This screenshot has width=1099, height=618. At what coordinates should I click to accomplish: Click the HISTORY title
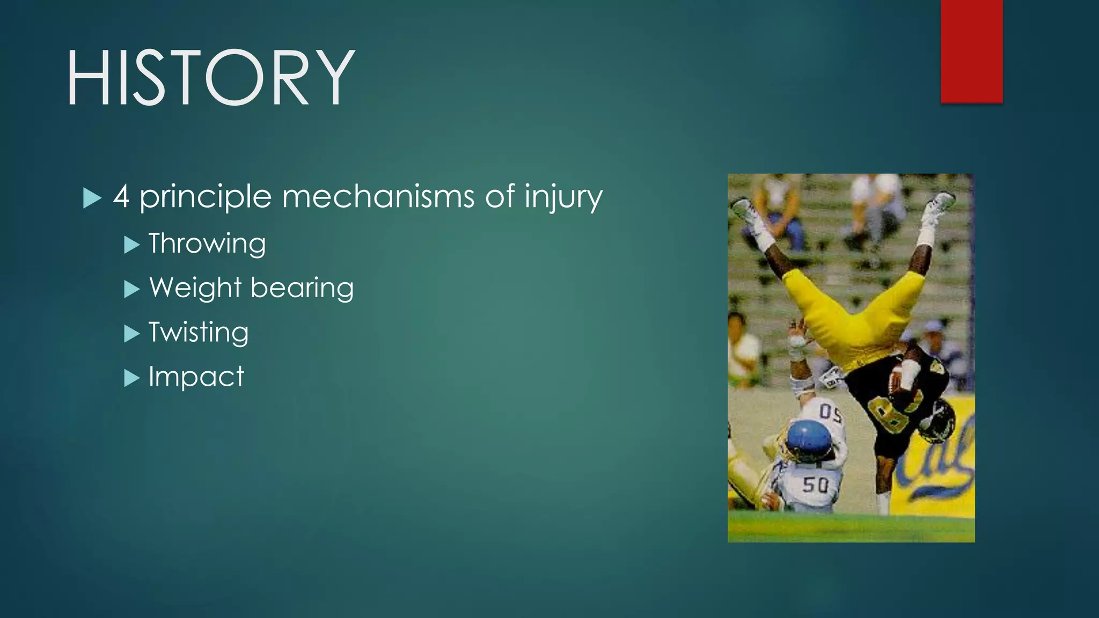(210, 78)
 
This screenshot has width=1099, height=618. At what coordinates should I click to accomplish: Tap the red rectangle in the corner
(971, 51)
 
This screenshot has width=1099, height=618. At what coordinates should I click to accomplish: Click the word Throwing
(207, 244)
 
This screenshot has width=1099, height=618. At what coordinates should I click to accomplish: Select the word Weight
(195, 289)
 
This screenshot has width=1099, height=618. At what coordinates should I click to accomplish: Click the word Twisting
(199, 333)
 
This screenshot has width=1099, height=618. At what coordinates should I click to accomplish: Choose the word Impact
(196, 377)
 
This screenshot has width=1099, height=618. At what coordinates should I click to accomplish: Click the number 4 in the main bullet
(121, 197)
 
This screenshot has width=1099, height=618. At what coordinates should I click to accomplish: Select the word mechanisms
(378, 196)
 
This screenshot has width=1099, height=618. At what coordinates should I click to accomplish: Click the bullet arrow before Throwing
(131, 245)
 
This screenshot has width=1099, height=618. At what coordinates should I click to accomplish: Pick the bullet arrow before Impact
(131, 378)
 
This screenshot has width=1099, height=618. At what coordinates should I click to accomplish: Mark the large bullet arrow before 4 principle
(92, 198)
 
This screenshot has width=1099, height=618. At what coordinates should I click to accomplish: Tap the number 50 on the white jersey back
(815, 485)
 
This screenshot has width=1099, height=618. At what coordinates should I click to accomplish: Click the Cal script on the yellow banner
(939, 461)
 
